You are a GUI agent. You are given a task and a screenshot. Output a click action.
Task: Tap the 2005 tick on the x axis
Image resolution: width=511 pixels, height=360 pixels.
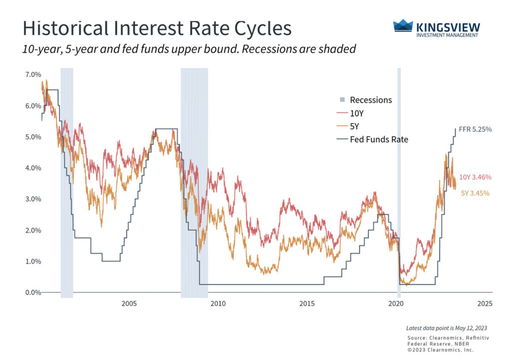click(x=129, y=304)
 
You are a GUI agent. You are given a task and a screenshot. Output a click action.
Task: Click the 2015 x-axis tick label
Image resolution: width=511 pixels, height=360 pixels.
click(x=307, y=304)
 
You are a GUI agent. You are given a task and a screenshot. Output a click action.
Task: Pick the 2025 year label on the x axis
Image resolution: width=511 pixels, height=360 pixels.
click(x=485, y=304)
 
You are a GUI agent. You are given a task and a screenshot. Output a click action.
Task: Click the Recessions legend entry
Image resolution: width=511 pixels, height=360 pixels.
click(x=370, y=100)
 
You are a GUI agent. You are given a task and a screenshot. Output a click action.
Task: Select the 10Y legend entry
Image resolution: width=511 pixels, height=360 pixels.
click(x=357, y=113)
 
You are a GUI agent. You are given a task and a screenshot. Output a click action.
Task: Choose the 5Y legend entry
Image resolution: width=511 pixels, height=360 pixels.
click(x=355, y=126)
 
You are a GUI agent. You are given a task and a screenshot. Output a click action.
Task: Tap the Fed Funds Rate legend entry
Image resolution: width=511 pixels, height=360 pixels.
click(x=379, y=139)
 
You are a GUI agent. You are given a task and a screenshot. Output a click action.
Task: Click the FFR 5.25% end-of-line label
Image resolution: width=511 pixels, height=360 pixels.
click(x=475, y=129)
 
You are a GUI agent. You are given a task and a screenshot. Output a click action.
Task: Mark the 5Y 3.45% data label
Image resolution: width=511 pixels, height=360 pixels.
click(x=475, y=193)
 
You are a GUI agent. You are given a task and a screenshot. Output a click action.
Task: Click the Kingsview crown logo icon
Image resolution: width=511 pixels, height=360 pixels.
click(x=403, y=25)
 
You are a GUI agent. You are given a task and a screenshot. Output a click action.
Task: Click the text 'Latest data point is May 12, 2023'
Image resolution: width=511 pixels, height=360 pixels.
click(x=447, y=328)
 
